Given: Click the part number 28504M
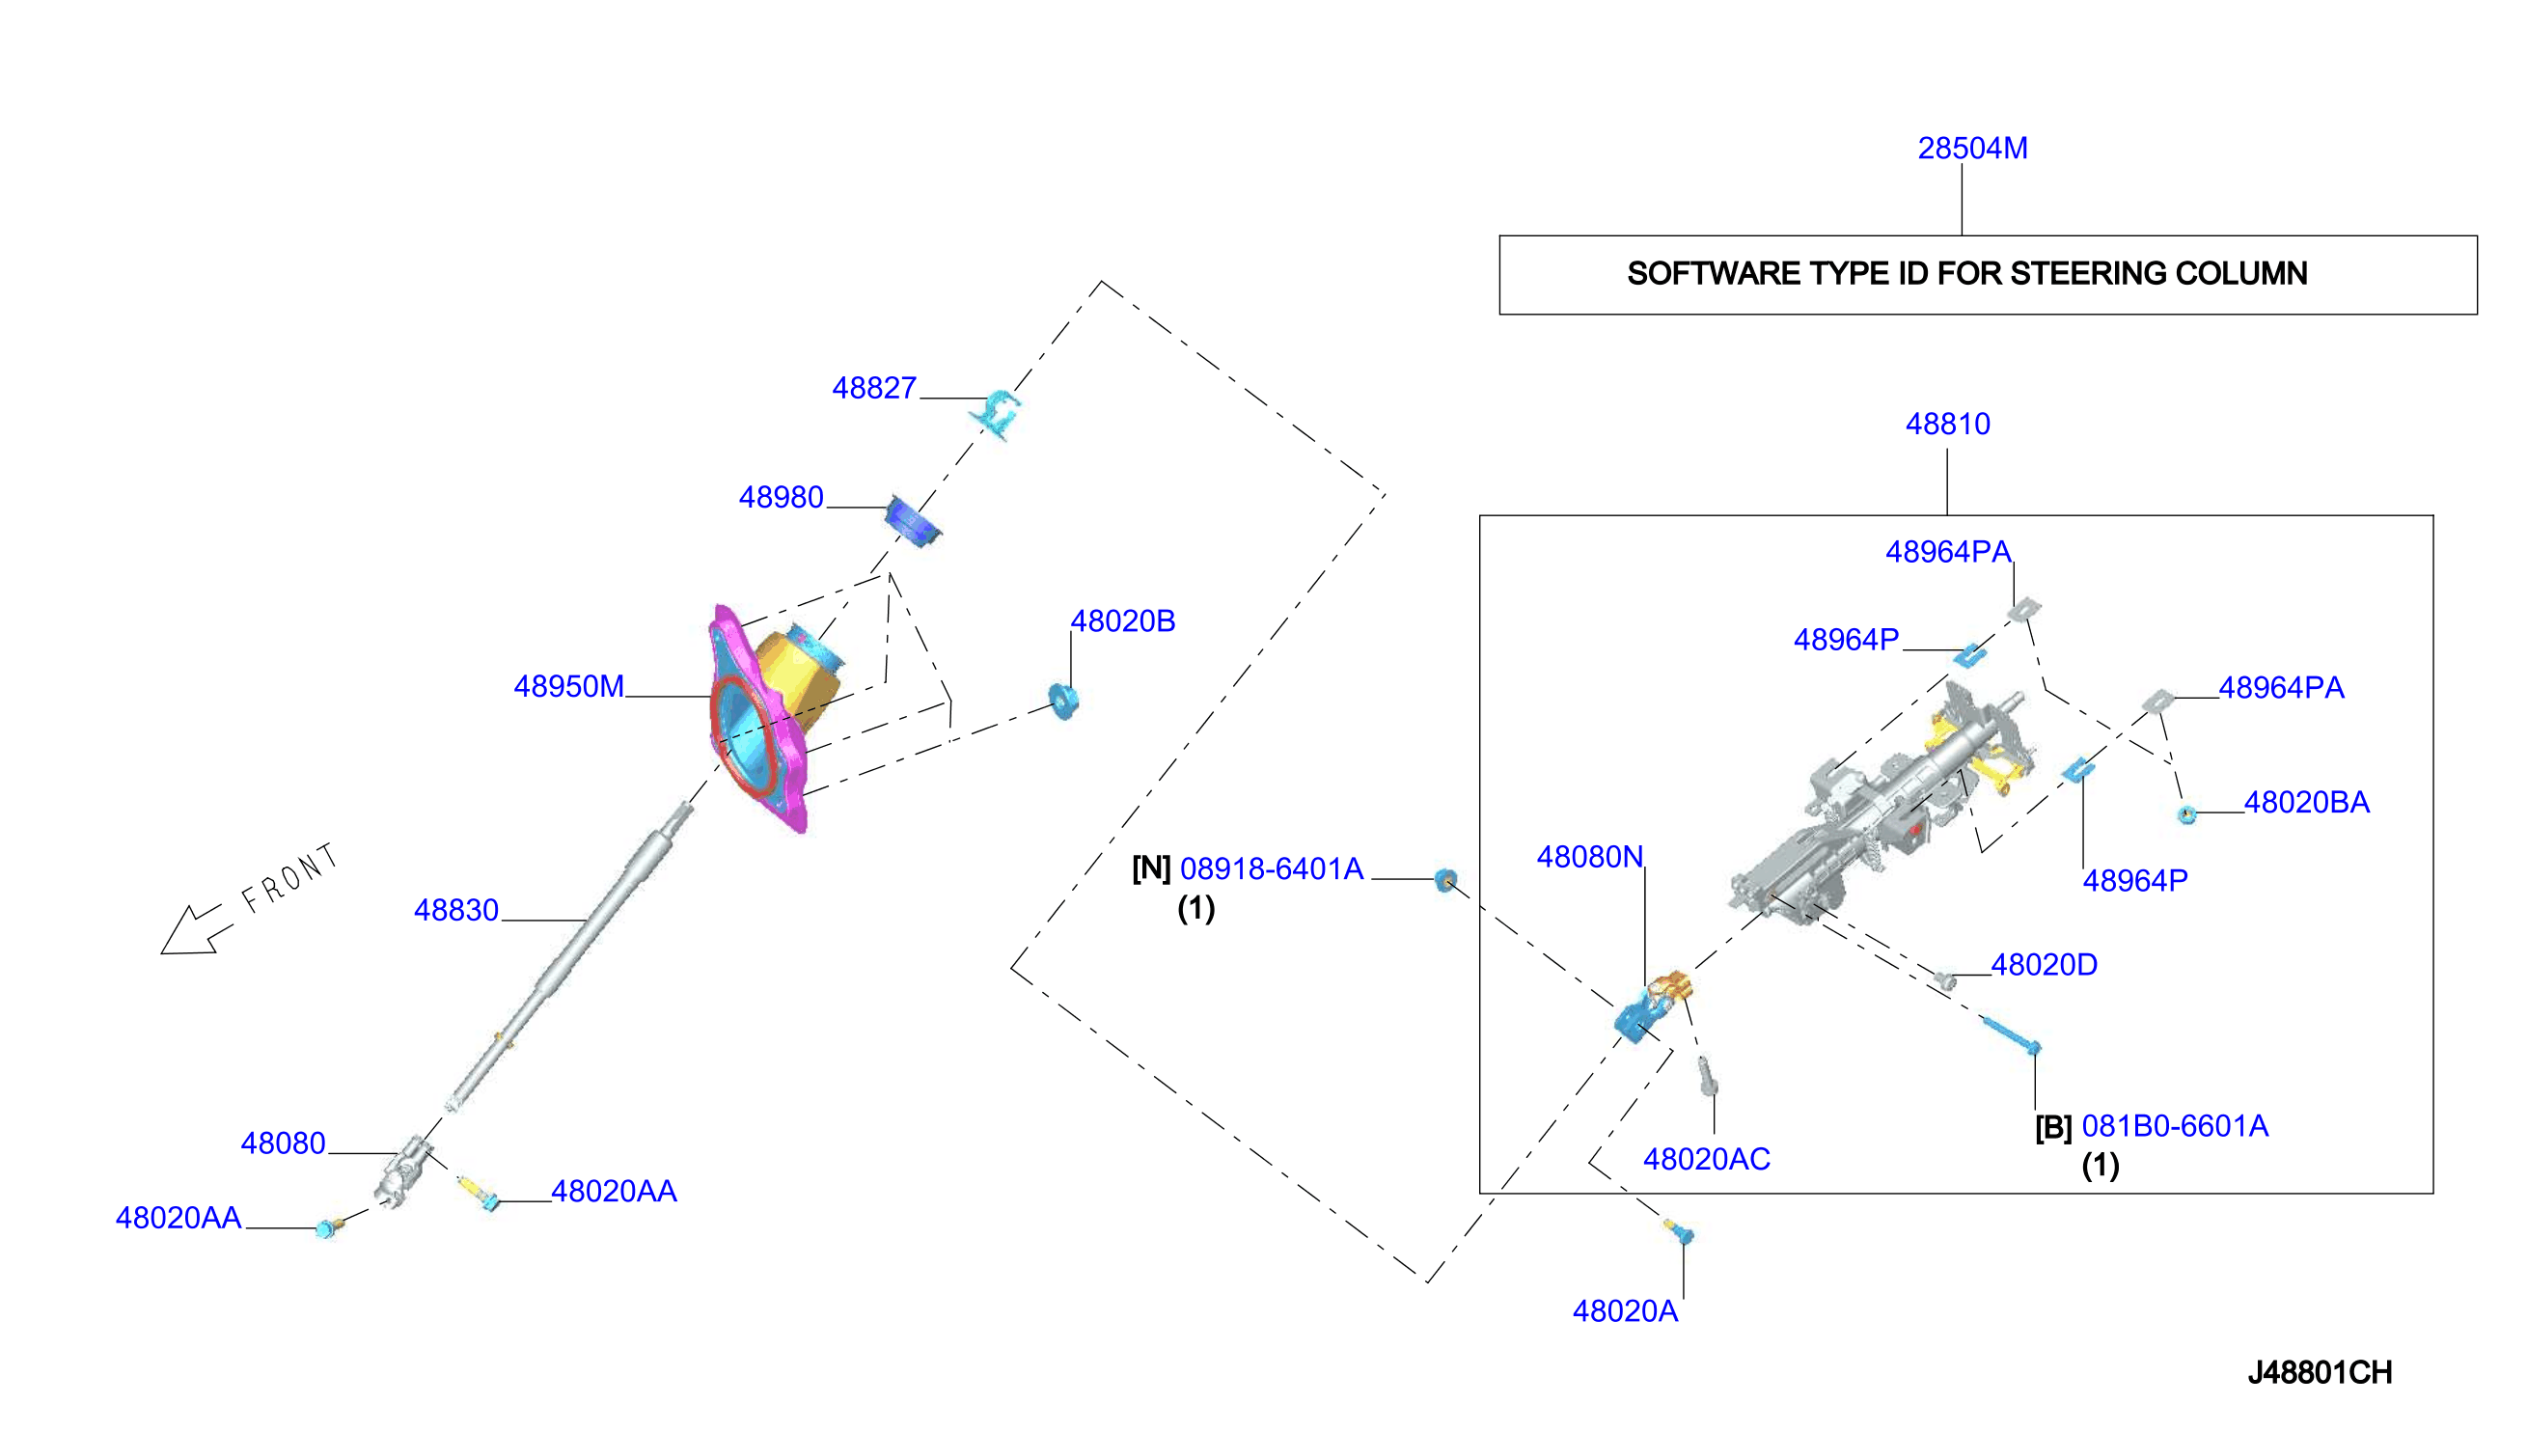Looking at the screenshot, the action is tap(1971, 149).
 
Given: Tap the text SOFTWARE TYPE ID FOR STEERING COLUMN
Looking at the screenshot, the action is tap(1966, 273).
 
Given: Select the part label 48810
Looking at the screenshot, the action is tap(1947, 424).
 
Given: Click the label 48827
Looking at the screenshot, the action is tap(874, 389).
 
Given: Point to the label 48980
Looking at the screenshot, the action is tap(781, 498).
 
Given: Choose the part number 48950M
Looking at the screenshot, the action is tap(568, 686).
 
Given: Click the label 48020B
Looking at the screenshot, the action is tap(1123, 621).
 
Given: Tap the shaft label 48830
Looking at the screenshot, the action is tap(456, 911).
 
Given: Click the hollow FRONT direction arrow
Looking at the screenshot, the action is tap(195, 929).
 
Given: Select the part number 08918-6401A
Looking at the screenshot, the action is tap(1272, 869).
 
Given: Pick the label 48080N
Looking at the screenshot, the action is tap(1590, 858).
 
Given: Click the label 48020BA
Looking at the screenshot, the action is tap(2306, 803).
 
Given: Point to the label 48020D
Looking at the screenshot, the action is tap(2045, 965).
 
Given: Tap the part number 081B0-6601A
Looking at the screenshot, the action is tap(2175, 1126).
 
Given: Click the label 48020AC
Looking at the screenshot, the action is tap(1706, 1160).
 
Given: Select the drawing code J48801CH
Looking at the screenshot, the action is tap(2320, 1373).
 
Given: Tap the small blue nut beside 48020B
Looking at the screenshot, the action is tap(1064, 701).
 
